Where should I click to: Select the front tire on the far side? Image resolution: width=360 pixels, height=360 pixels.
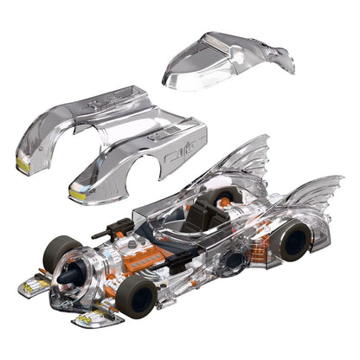coord(61,251)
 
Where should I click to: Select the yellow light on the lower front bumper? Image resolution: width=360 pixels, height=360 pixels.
coord(87,321)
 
